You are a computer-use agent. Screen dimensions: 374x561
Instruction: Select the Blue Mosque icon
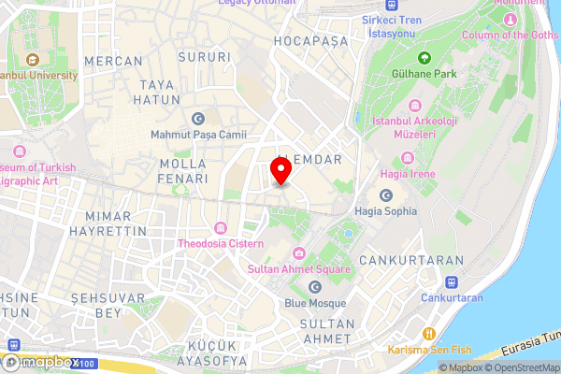tap(315, 286)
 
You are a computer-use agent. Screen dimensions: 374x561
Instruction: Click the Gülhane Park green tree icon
tap(424, 58)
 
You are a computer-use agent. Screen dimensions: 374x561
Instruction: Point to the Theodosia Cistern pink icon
tap(220, 228)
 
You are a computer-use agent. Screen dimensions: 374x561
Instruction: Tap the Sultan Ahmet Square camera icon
tap(298, 253)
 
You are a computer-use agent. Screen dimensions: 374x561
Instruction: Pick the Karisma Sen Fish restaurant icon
tap(429, 333)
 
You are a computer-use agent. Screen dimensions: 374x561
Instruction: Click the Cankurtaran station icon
tap(452, 280)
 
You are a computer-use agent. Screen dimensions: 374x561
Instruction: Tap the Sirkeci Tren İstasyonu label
tap(392, 26)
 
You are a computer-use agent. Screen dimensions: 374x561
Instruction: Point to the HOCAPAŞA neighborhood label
tap(310, 42)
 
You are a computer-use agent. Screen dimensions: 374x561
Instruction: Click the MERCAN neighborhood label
tap(114, 61)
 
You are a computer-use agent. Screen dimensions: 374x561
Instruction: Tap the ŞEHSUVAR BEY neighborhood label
tap(97, 306)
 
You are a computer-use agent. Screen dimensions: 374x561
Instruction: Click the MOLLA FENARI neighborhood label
tap(177, 171)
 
